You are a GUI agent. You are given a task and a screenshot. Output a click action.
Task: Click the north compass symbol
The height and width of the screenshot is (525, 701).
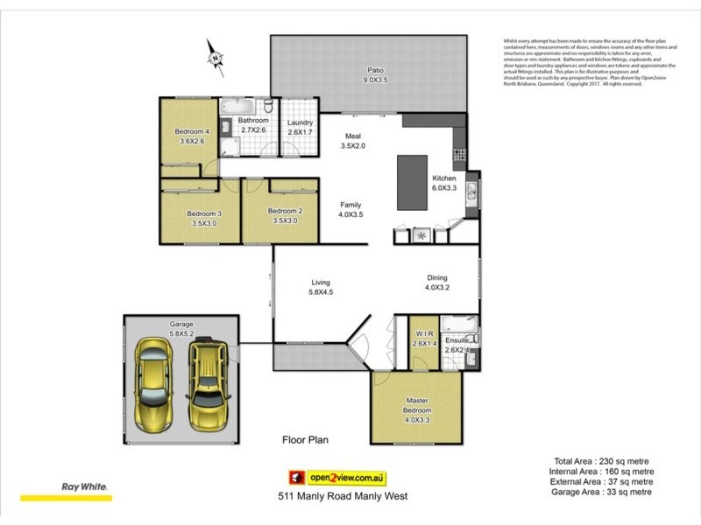(x=215, y=57)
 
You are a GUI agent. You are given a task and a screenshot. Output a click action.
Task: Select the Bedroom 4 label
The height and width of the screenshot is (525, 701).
(x=191, y=131)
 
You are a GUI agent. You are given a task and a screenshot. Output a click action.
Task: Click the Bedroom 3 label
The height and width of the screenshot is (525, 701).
(x=203, y=213)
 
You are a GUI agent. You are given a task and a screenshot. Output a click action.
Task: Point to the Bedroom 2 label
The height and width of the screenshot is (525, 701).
(x=285, y=211)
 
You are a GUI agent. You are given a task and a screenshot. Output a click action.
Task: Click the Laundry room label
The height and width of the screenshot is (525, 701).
(x=300, y=122)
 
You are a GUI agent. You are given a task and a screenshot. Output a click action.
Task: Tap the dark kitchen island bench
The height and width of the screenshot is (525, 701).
(x=412, y=182)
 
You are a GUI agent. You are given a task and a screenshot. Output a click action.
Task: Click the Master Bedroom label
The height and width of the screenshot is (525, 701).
(x=416, y=405)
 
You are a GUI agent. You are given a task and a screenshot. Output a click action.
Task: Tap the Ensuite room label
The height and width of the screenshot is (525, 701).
(x=457, y=340)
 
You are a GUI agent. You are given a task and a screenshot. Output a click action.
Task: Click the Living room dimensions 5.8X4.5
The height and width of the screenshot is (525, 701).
(x=321, y=292)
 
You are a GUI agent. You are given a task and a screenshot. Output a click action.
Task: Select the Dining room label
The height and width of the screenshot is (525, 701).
(x=437, y=276)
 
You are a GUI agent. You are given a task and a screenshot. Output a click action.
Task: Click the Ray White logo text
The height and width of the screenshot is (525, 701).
(x=83, y=486)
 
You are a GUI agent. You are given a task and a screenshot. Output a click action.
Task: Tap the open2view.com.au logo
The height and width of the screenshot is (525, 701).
(x=338, y=477)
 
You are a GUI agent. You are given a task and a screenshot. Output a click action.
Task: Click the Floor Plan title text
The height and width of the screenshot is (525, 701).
(x=304, y=440)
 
